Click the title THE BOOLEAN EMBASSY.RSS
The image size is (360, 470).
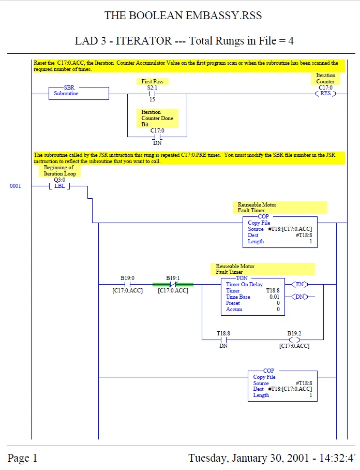(183, 16)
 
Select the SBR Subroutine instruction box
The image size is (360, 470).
(79, 93)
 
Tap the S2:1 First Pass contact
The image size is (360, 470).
(152, 94)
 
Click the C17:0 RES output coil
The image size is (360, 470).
(325, 94)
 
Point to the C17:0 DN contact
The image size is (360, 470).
(157, 137)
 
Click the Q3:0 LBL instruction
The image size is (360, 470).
(59, 186)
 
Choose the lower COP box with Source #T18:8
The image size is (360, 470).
(282, 386)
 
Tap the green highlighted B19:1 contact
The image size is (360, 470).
(173, 284)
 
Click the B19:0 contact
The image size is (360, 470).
(127, 284)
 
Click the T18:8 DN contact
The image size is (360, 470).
(223, 340)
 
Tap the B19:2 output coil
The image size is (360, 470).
(294, 340)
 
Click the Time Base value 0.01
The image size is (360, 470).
(274, 297)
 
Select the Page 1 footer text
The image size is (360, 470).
(22, 458)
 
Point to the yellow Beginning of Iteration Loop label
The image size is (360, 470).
(59, 171)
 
